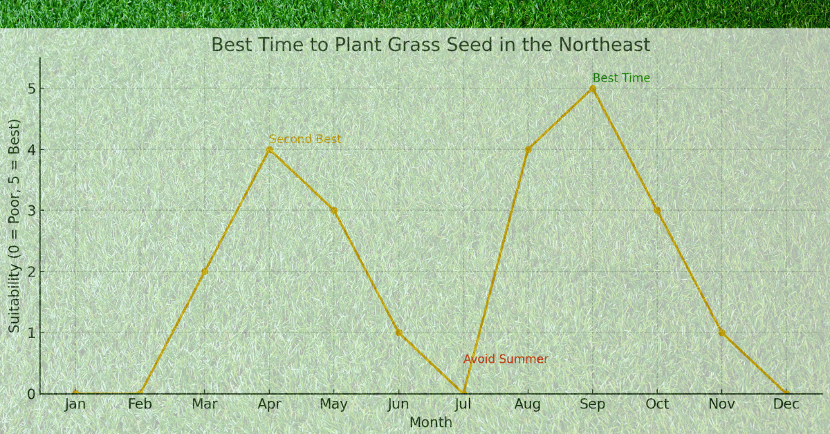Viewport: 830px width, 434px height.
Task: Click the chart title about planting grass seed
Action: point(430,45)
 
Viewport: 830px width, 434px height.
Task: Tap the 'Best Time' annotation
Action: point(621,78)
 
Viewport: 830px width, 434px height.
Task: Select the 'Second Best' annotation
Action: point(305,139)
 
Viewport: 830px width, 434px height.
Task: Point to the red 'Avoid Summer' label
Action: point(506,359)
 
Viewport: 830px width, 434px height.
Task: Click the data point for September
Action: point(593,88)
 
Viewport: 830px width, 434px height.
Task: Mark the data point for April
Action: point(269,149)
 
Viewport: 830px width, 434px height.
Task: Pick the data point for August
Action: point(528,149)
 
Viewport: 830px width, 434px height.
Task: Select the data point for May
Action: point(334,210)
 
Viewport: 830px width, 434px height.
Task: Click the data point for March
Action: point(205,272)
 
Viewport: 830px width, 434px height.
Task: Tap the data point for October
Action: point(657,210)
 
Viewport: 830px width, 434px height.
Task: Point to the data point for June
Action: point(398,332)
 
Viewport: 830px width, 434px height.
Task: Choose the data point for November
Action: point(722,332)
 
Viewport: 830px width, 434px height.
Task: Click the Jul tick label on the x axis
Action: point(463,404)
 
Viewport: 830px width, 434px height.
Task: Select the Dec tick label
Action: point(786,404)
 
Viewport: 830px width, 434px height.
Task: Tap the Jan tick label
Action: point(75,404)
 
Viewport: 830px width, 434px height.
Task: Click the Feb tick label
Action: point(140,404)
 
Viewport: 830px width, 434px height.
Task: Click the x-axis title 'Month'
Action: point(430,422)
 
